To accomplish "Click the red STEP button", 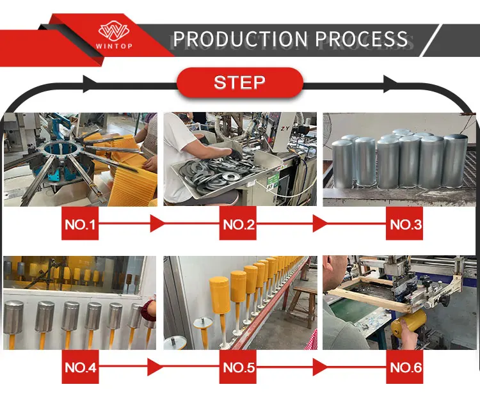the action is pyautogui.click(x=239, y=83).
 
